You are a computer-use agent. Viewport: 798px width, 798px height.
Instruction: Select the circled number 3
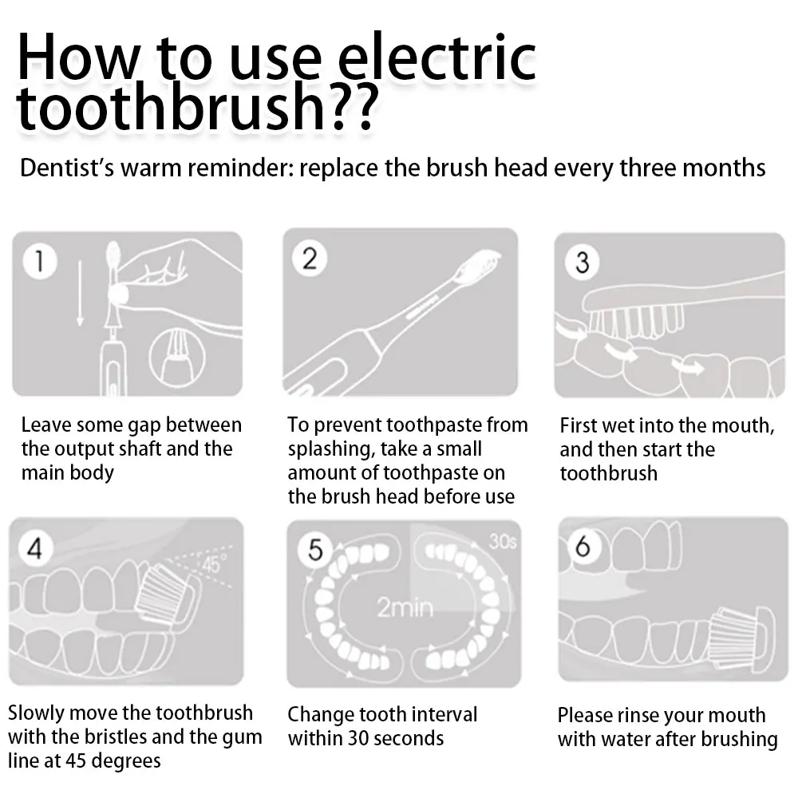pos(583,262)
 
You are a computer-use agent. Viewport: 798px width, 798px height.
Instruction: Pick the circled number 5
pos(315,550)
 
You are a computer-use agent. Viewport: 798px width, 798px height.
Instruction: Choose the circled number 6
pos(583,547)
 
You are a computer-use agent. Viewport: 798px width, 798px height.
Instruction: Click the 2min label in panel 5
pos(405,609)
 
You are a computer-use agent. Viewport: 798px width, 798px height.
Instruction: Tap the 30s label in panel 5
pos(503,542)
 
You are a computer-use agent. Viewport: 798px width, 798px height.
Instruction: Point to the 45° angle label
pos(211,563)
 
